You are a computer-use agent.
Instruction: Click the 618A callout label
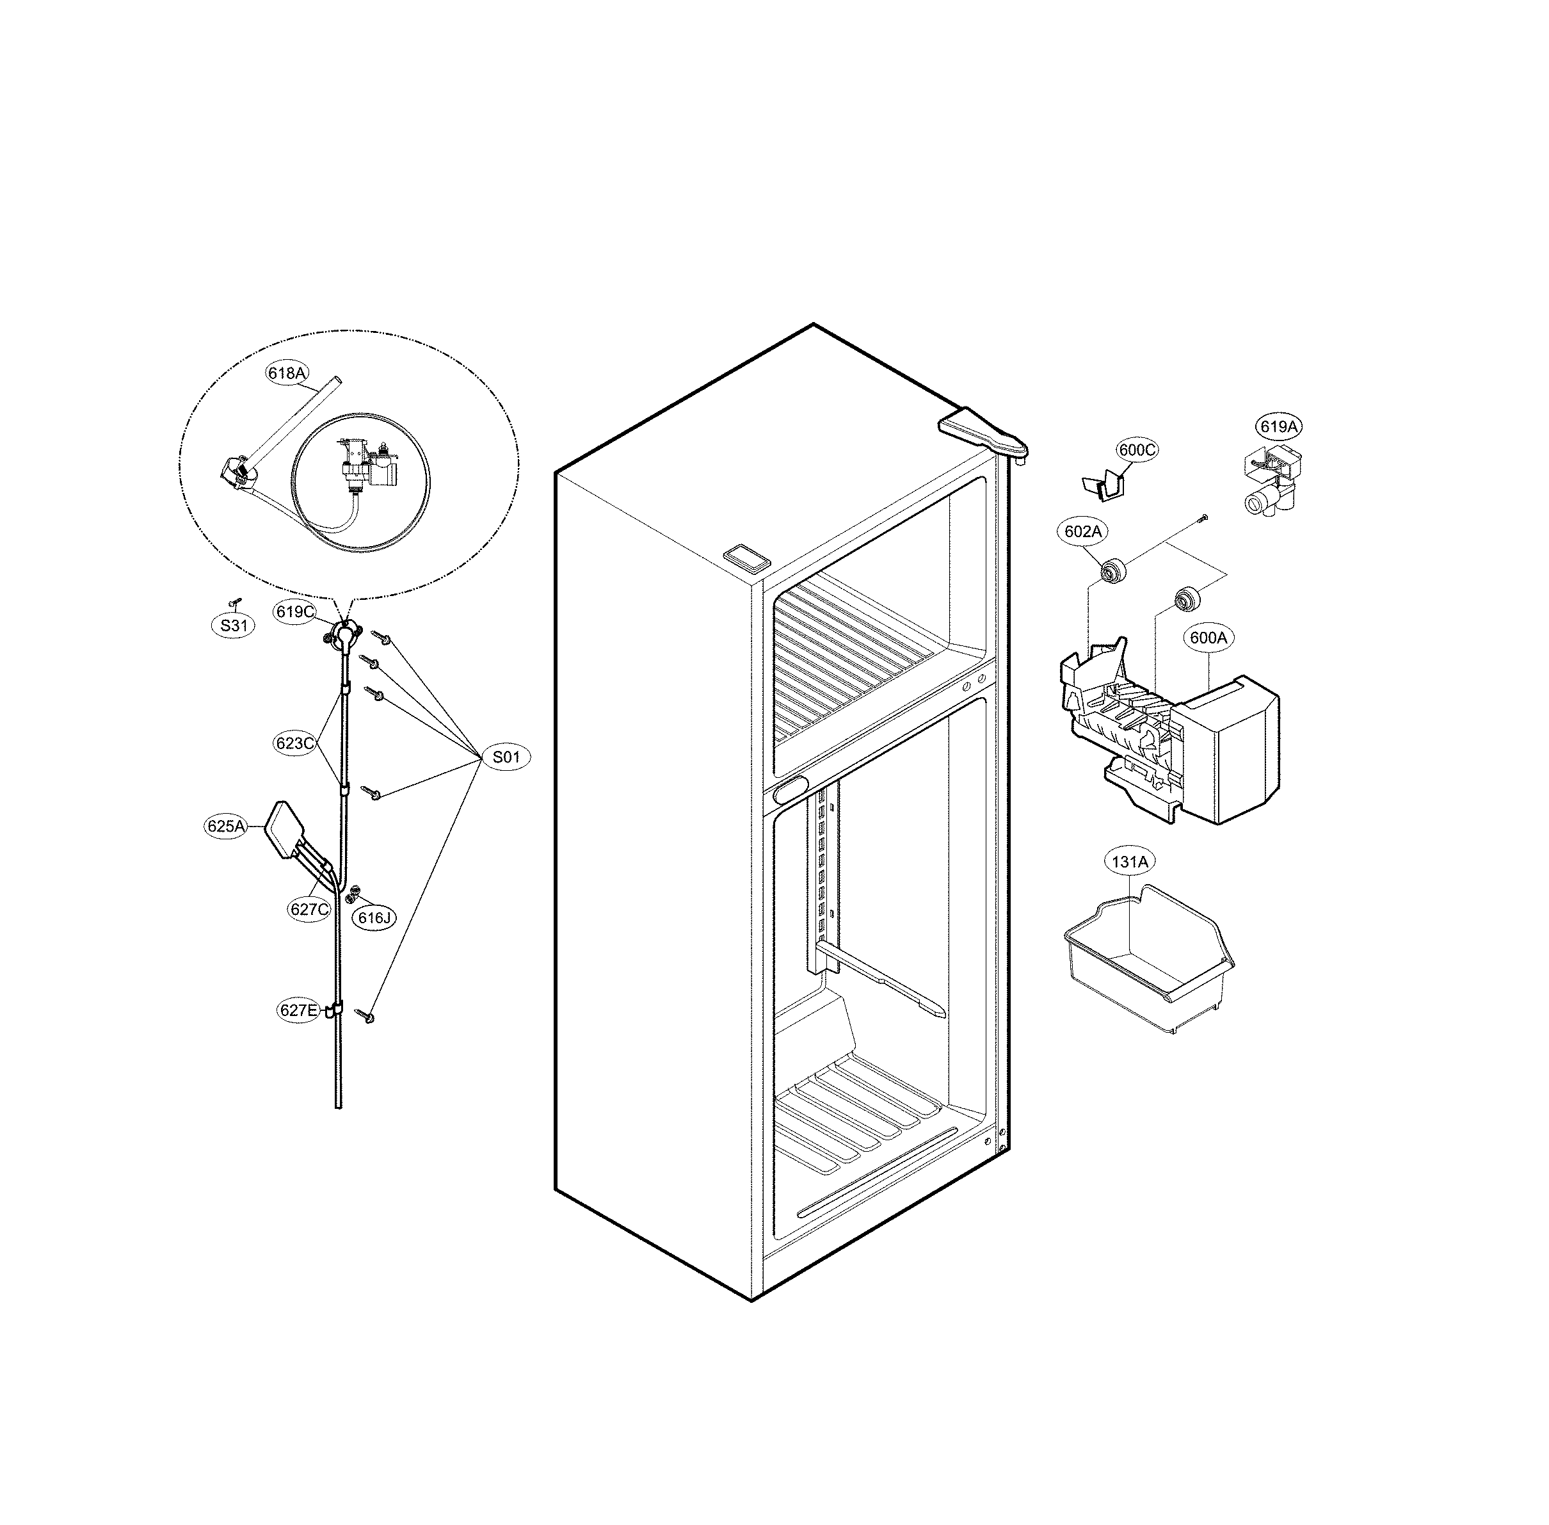click(287, 373)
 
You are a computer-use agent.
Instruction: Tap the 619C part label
click(294, 612)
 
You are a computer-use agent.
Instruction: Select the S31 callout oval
click(234, 625)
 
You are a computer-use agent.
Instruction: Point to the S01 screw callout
click(506, 757)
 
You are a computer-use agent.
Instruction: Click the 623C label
click(294, 743)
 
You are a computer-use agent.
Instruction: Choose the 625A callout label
click(225, 827)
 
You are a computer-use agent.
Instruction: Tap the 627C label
click(309, 909)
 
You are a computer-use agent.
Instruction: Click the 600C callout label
click(1137, 450)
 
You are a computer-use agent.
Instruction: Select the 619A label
click(1278, 427)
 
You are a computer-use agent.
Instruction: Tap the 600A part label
click(1208, 638)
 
